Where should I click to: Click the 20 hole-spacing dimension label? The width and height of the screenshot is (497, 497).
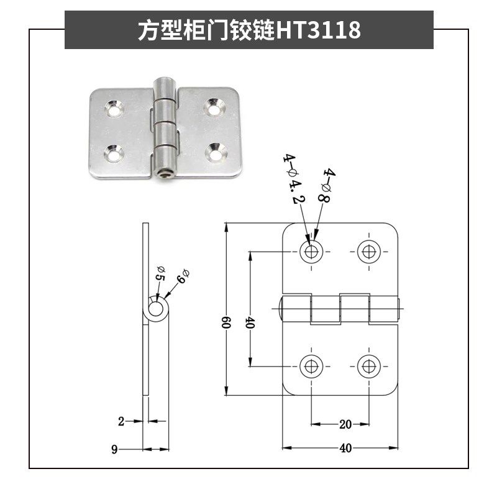click(345, 425)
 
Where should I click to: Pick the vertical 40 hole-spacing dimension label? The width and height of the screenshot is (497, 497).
click(250, 323)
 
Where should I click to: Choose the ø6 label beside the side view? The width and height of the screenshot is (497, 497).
click(181, 276)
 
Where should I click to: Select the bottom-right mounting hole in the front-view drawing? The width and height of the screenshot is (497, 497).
click(369, 366)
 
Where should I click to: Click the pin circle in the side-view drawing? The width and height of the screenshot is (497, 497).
click(156, 309)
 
